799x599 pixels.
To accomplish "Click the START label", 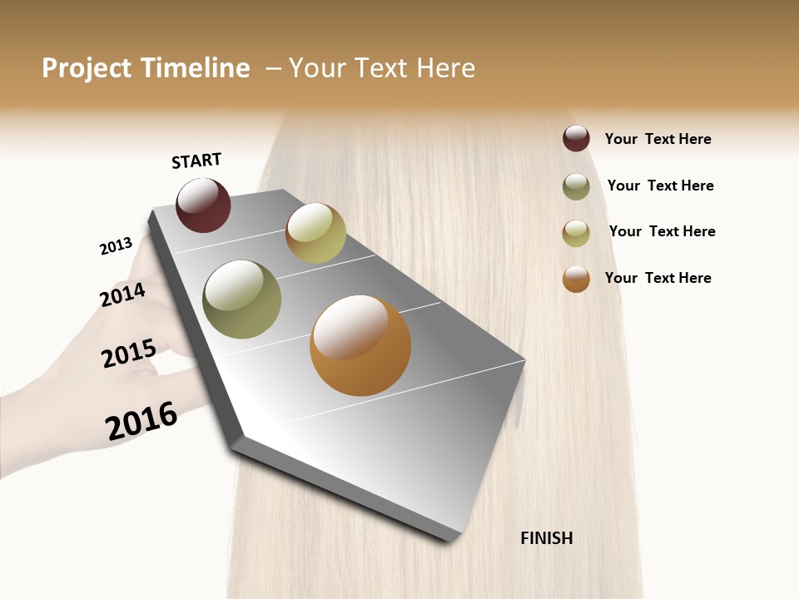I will click(196, 161).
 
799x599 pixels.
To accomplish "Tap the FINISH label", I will click(546, 538).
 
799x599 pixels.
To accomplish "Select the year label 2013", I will click(116, 246).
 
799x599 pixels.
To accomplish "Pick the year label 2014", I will click(122, 295).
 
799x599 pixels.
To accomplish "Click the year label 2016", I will click(141, 421).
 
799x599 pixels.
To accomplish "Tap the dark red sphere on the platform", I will click(203, 205).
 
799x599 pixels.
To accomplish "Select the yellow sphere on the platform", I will click(315, 233).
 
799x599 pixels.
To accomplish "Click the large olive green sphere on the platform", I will click(241, 299).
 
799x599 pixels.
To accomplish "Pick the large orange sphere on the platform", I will click(360, 345).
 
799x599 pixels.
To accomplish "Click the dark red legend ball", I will click(576, 139).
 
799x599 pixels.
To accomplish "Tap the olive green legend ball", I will click(576, 186).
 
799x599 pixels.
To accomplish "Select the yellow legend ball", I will click(576, 233).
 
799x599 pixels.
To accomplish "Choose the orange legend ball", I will click(576, 279).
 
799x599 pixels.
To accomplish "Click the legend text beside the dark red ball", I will click(658, 139).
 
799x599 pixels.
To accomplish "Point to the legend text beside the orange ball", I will click(658, 278).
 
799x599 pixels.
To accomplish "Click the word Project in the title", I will click(87, 68).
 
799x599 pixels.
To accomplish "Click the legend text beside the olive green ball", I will click(660, 186).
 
